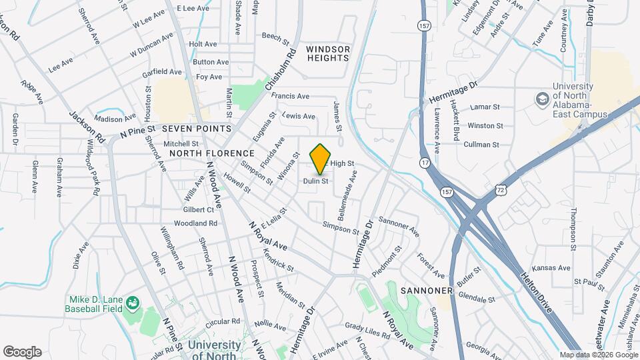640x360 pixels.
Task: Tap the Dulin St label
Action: [315, 181]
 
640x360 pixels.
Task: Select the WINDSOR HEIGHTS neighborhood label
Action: [328, 53]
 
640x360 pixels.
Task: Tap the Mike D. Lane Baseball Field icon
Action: [133, 303]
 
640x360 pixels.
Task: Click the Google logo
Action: [22, 352]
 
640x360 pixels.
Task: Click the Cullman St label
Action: [482, 145]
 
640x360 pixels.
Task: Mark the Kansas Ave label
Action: [556, 268]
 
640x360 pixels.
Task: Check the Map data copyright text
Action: [598, 355]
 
